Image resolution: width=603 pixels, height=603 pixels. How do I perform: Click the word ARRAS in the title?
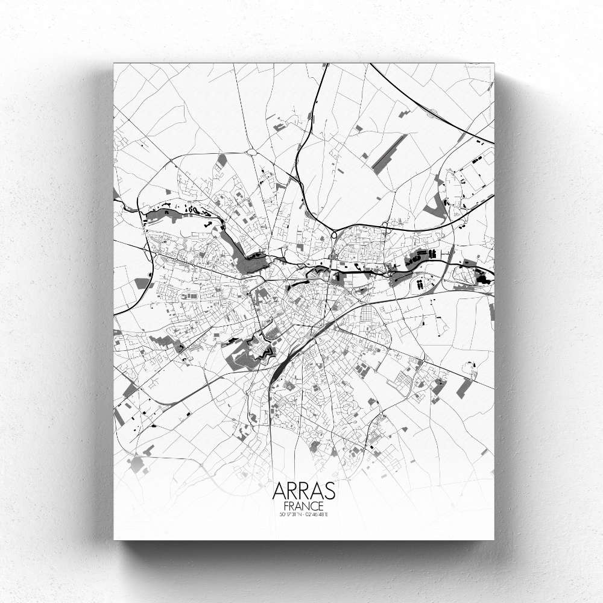pyautogui.click(x=304, y=491)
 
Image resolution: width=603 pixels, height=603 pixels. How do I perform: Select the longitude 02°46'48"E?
pyautogui.click(x=320, y=514)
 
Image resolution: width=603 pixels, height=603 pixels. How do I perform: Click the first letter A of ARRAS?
pyautogui.click(x=279, y=491)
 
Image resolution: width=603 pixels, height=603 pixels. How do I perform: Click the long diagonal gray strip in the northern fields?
pyautogui.click(x=389, y=154)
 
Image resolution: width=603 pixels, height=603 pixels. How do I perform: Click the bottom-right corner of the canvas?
pyautogui.click(x=493, y=538)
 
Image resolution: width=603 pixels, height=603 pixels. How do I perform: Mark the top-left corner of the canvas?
pyautogui.click(x=114, y=64)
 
